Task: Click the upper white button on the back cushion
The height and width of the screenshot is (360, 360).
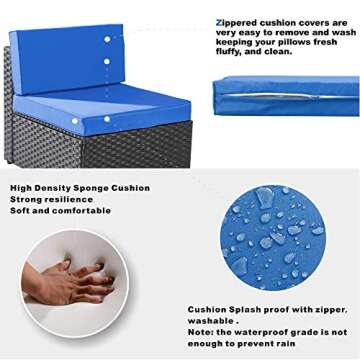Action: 107,42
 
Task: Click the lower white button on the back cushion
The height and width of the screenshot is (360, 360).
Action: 107,62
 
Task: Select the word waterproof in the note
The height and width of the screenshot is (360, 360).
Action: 275,333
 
